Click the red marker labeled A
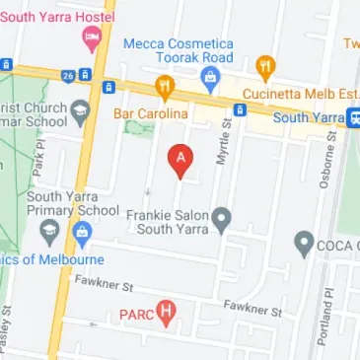[180, 160]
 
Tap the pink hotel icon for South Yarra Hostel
[92, 37]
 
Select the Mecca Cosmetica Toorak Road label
[179, 50]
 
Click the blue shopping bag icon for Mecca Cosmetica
[209, 76]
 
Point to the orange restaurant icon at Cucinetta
[264, 68]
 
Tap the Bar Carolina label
[150, 114]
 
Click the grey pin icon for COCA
[304, 243]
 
